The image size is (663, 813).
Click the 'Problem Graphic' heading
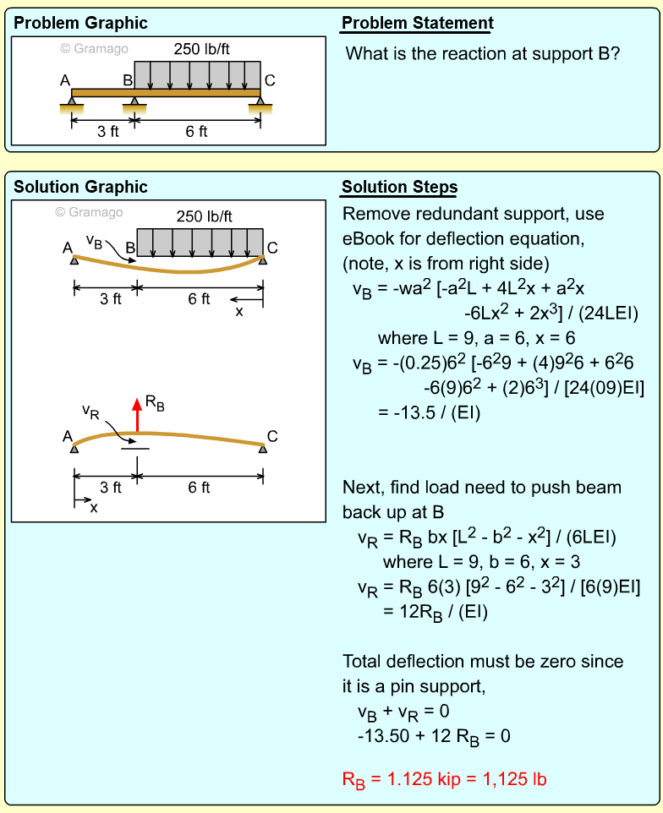click(x=80, y=23)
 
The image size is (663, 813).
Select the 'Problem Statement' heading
click(x=417, y=23)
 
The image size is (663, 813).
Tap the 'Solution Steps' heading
click(x=399, y=187)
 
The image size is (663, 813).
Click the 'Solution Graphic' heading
click(x=80, y=187)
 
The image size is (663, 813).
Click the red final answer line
click(x=444, y=778)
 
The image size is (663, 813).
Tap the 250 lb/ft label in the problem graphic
click(x=203, y=48)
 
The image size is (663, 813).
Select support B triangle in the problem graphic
click(x=134, y=101)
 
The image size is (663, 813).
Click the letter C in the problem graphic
click(x=270, y=80)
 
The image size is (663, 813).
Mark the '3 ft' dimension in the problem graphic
click(x=107, y=131)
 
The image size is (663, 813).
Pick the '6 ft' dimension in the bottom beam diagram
click(x=200, y=487)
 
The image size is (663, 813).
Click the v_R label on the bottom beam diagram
click(x=94, y=411)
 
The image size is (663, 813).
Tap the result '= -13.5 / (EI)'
click(x=429, y=413)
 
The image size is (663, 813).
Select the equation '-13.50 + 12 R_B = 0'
click(x=434, y=735)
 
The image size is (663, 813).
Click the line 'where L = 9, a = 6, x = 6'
click(x=476, y=338)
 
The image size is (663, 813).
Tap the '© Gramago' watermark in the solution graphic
click(x=89, y=212)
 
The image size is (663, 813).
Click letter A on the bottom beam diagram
click(x=67, y=436)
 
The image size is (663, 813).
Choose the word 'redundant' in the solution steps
click(x=443, y=213)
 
